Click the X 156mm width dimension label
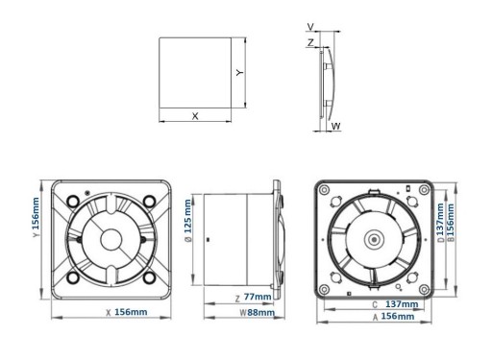(127, 312)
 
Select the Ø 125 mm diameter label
(188, 221)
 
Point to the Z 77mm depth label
(253, 298)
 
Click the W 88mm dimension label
(258, 313)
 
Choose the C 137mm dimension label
(395, 304)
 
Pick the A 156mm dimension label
(393, 317)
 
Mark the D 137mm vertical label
(440, 223)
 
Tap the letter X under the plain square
(195, 116)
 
